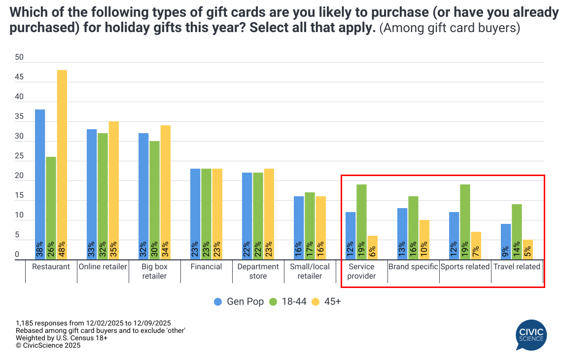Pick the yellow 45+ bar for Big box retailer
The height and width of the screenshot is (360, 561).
(x=166, y=192)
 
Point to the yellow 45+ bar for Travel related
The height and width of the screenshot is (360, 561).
(x=527, y=250)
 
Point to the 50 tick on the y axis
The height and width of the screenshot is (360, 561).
(x=19, y=57)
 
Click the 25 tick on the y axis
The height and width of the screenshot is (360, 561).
(x=19, y=156)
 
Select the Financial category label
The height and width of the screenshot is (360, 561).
(x=206, y=267)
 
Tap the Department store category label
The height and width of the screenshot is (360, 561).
(x=258, y=271)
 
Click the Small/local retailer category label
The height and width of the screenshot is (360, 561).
(x=310, y=271)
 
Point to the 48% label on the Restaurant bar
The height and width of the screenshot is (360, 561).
(x=62, y=250)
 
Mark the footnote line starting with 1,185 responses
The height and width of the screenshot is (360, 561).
(x=93, y=323)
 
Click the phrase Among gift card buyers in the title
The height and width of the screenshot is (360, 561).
(x=449, y=28)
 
